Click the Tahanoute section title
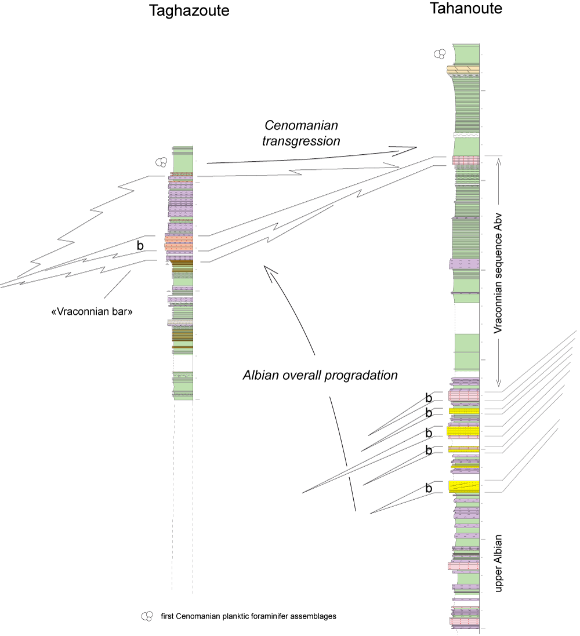pos(465,9)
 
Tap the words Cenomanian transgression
pos(301,133)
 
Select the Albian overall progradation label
pos(320,375)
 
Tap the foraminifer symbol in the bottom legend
pos(147,616)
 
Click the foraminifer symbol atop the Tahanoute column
pos(440,54)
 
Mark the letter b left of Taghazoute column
pos(140,246)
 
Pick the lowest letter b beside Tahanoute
pos(429,489)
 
